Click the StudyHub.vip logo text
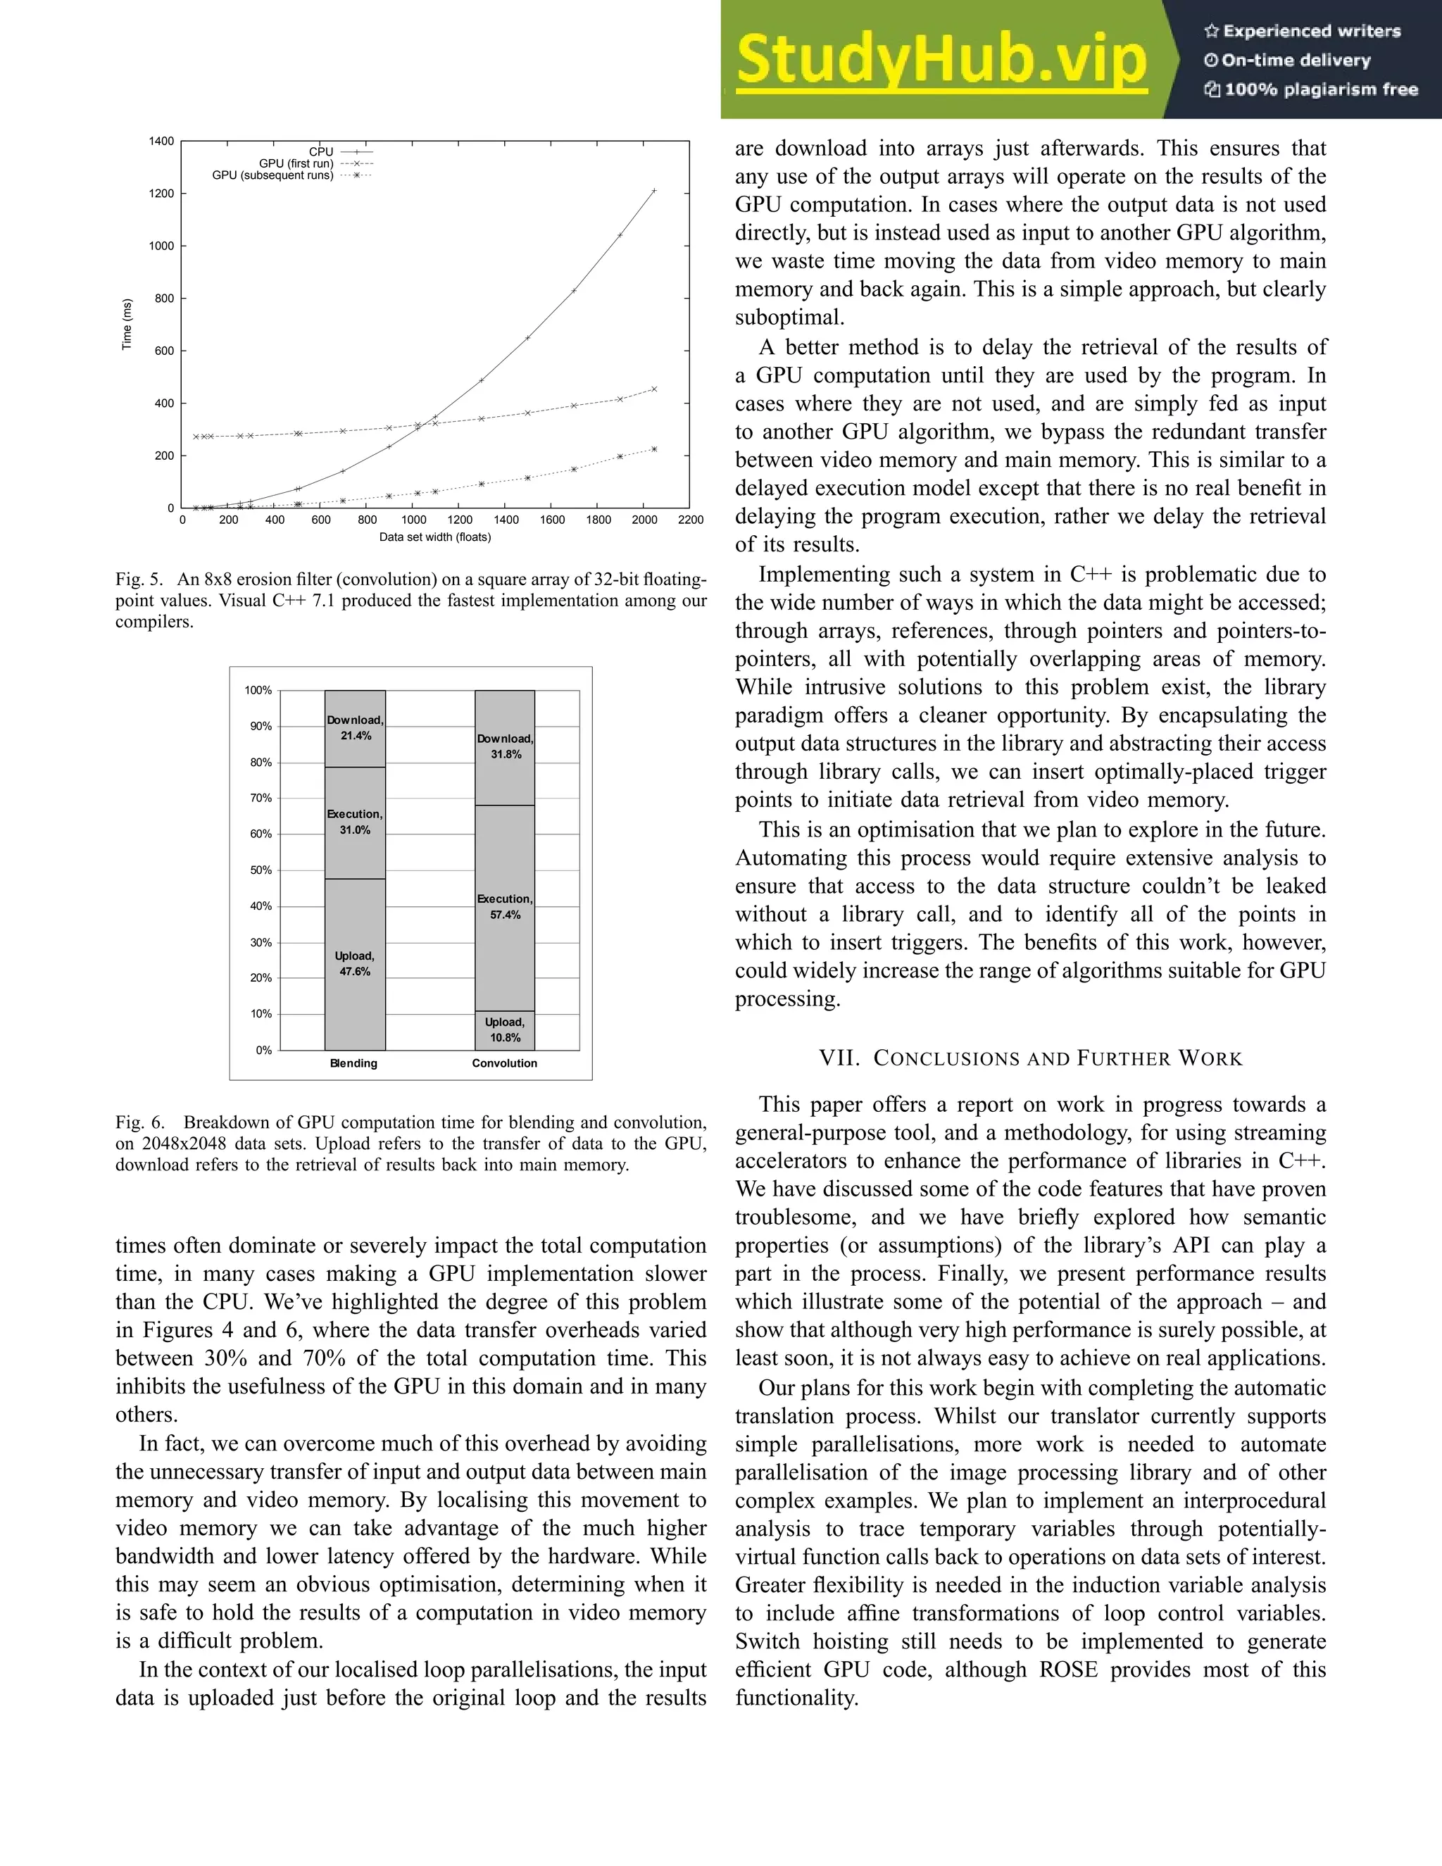coord(941,60)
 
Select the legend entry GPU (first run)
coord(296,163)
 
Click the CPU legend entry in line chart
coord(321,152)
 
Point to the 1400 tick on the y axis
coord(161,141)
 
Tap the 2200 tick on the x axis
coord(690,520)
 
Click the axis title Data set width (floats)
coord(435,537)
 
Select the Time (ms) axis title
coord(127,324)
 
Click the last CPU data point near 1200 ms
coord(654,191)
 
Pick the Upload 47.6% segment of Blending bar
coord(355,964)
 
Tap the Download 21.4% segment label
coord(356,728)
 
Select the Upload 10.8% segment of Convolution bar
coord(505,1030)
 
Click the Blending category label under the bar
coord(353,1064)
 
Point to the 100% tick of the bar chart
coord(258,690)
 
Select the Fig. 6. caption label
coord(140,1122)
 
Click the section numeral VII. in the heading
coord(838,1058)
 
